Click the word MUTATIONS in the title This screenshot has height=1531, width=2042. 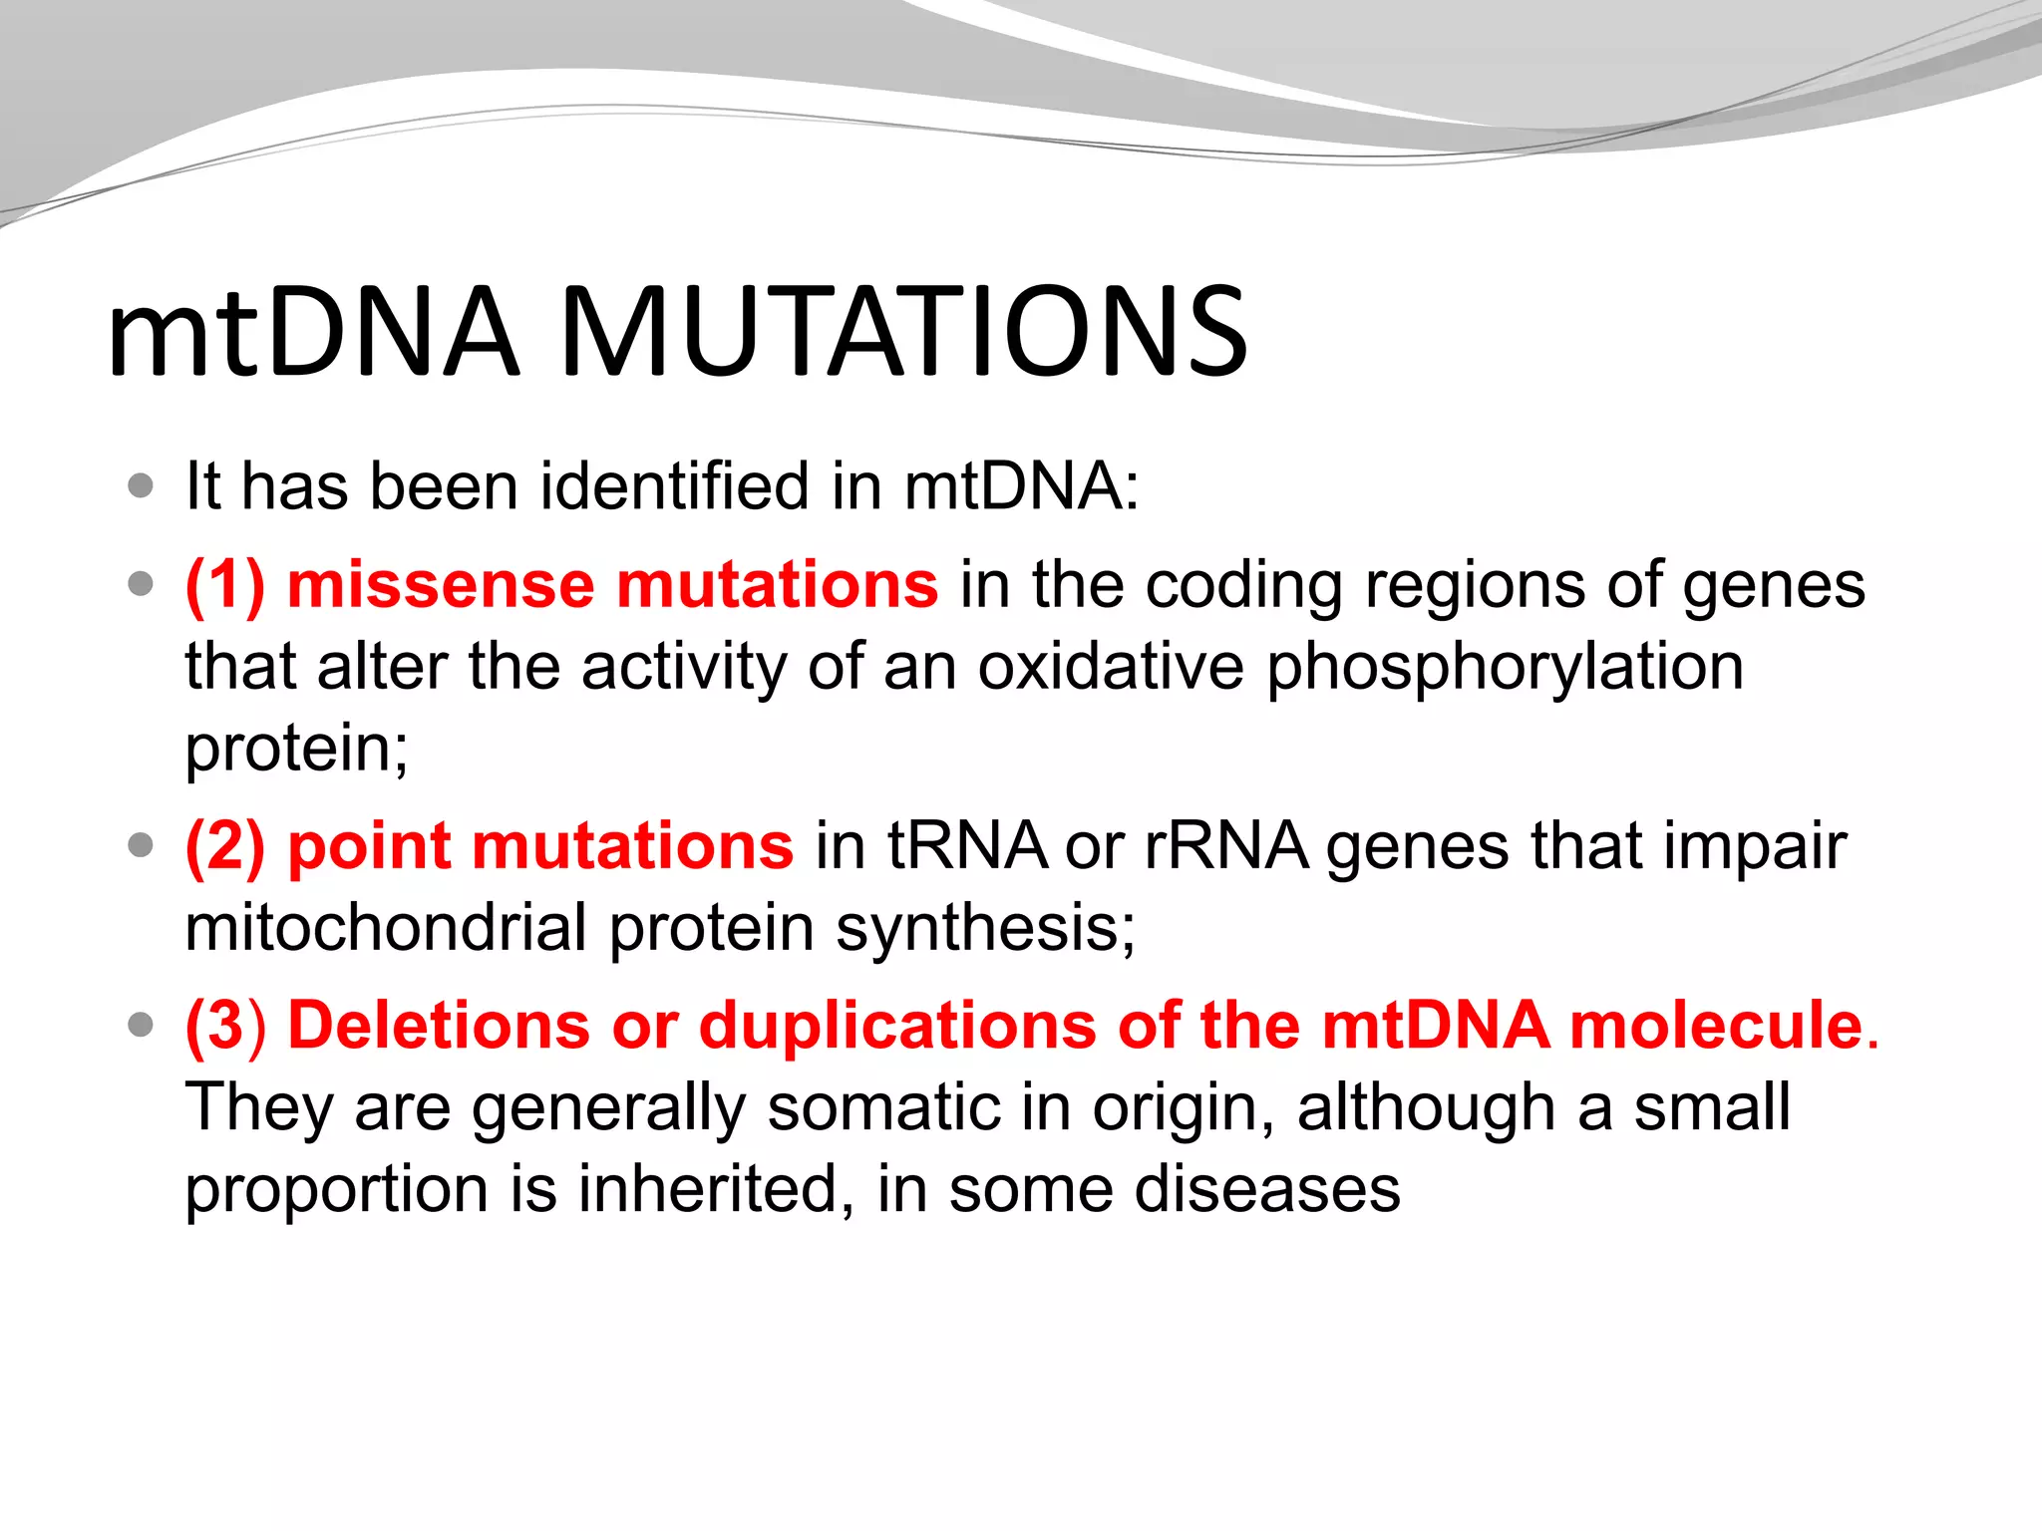(x=902, y=332)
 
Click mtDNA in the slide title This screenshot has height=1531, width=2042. (x=312, y=332)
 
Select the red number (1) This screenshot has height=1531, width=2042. (x=225, y=584)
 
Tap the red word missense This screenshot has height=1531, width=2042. (x=441, y=584)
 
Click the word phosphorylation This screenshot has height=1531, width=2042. (x=1505, y=668)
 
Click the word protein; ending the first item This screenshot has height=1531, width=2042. (x=296, y=750)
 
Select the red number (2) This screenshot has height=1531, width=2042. (x=225, y=846)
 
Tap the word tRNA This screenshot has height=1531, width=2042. (x=966, y=846)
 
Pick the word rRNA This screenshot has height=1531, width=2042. (x=1225, y=846)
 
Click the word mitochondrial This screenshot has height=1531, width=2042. (x=386, y=927)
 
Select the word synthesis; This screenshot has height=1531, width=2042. (x=985, y=929)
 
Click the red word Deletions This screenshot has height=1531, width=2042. (x=439, y=1026)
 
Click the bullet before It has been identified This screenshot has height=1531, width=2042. (x=142, y=486)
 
